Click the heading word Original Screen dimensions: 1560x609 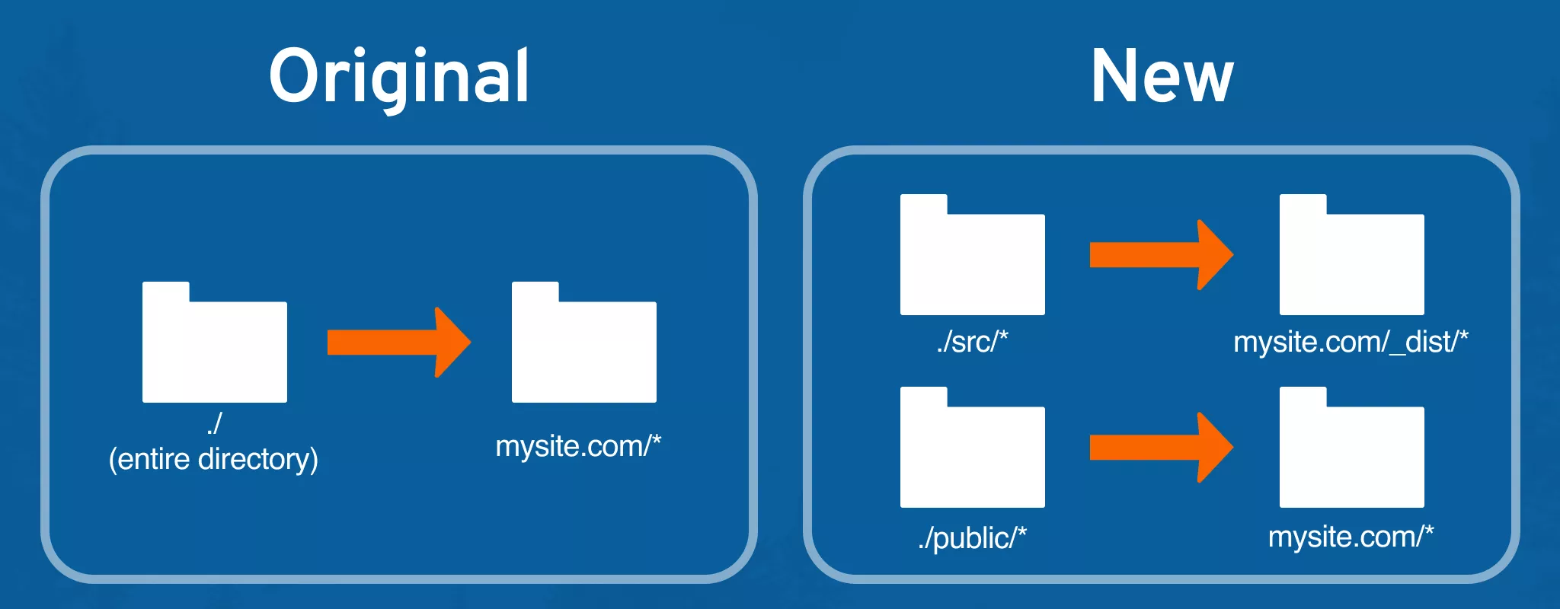[x=399, y=77]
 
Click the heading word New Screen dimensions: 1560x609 [x=1162, y=75]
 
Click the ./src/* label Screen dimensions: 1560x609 [x=972, y=342]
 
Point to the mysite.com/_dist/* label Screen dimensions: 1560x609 [x=1351, y=342]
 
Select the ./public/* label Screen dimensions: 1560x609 [x=972, y=538]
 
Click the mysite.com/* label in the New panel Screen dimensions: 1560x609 [x=1351, y=537]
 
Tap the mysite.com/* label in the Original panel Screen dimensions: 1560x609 [x=578, y=446]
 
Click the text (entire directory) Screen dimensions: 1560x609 [x=213, y=459]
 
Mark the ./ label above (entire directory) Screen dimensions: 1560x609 [x=214, y=423]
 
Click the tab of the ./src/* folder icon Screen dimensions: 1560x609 [x=924, y=204]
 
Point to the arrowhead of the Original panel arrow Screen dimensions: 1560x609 [x=452, y=342]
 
